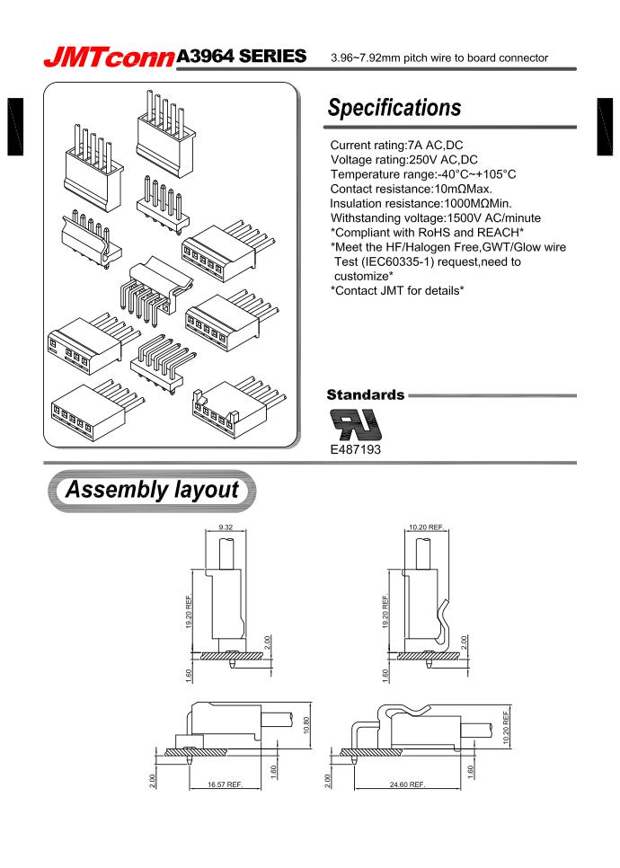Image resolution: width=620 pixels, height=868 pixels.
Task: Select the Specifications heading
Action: [x=394, y=109]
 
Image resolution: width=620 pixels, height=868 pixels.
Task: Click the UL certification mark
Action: [x=356, y=421]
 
